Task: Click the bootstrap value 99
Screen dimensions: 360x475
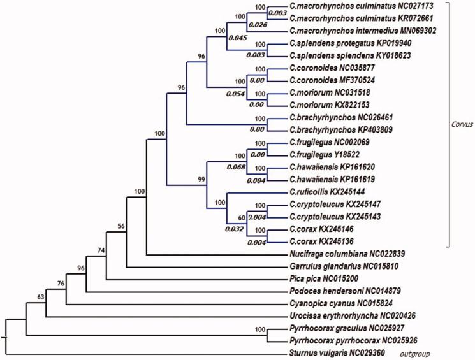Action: pos(201,181)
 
